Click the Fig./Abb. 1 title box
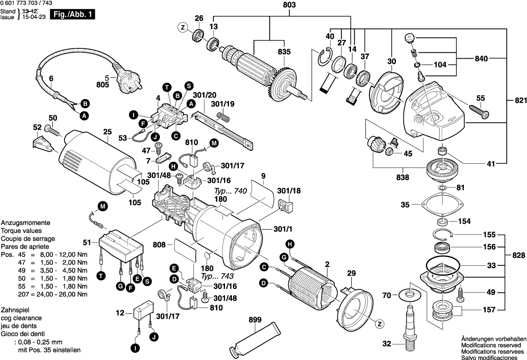(x=74, y=15)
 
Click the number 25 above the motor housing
(x=107, y=132)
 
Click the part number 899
(x=255, y=320)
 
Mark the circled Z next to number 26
(x=183, y=28)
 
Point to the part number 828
(x=517, y=256)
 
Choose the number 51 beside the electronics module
(x=87, y=242)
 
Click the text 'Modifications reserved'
(x=491, y=346)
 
